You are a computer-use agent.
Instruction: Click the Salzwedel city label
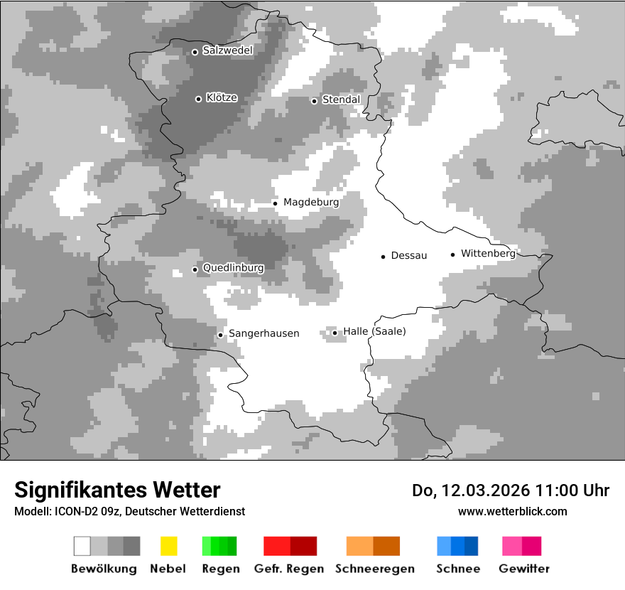227,50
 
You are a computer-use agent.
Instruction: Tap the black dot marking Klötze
198,99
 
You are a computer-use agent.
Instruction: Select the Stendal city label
341,100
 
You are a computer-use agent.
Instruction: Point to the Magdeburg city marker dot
275,203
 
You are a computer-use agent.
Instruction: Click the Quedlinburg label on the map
233,268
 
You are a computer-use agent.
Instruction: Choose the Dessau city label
408,255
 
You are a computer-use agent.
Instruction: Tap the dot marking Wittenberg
452,254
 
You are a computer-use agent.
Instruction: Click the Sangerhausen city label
263,333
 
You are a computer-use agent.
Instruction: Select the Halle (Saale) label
374,331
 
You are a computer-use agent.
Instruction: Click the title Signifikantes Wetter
117,490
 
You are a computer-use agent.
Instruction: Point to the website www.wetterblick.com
512,511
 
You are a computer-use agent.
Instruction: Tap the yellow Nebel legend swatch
168,546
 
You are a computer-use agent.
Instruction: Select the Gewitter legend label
523,569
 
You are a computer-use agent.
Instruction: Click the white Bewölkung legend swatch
82,546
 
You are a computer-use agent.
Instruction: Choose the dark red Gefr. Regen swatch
303,546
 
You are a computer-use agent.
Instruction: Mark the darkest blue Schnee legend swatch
472,546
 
